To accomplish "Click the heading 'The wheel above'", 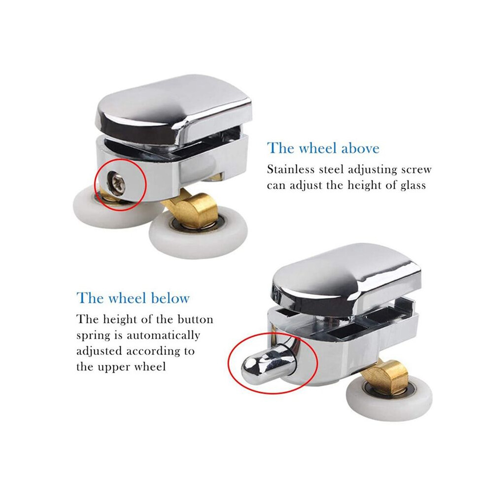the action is [323, 148].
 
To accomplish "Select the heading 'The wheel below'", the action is [133, 298].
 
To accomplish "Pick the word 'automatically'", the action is [163, 336].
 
